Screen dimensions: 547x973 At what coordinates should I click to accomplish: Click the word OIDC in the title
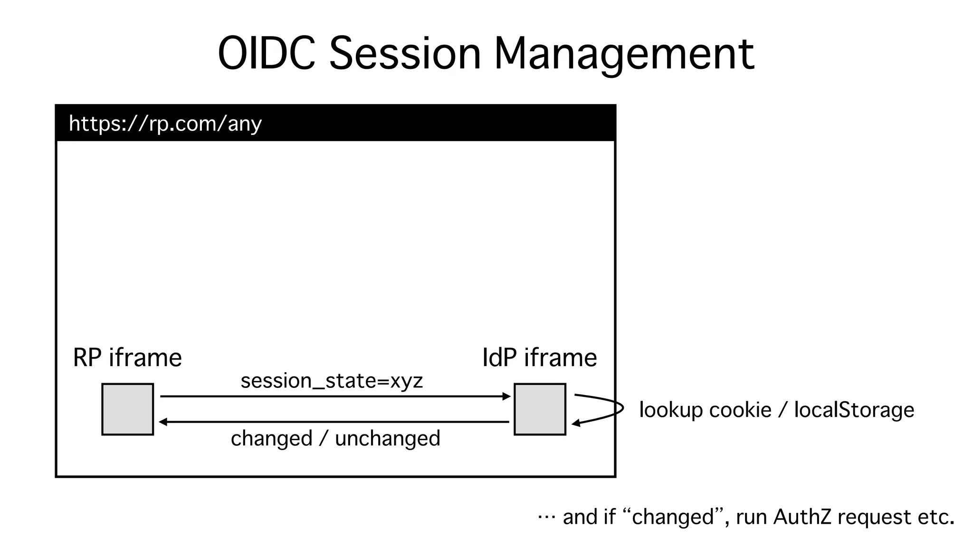pos(267,53)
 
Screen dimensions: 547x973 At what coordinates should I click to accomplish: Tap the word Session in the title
pos(405,53)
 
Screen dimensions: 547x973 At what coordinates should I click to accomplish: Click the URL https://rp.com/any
pos(165,123)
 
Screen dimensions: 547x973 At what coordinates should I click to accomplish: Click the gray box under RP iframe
pos(128,409)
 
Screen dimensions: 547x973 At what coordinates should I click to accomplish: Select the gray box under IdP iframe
pos(540,409)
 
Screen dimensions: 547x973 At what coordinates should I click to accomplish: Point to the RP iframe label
pos(127,358)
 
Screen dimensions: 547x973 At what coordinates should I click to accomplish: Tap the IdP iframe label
pos(539,358)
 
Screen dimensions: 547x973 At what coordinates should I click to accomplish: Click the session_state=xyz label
pos(332,381)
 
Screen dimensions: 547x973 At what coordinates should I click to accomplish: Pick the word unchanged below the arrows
pos(388,438)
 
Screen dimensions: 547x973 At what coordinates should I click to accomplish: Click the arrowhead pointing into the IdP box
pos(506,396)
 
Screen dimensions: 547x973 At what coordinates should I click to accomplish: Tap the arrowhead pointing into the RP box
pos(163,422)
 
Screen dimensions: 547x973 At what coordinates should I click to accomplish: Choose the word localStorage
pos(854,410)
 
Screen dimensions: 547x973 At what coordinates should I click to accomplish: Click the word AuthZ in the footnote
pos(802,517)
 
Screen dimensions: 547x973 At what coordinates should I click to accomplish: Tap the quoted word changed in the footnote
pos(673,517)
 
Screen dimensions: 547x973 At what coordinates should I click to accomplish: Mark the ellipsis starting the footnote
pos(546,517)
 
